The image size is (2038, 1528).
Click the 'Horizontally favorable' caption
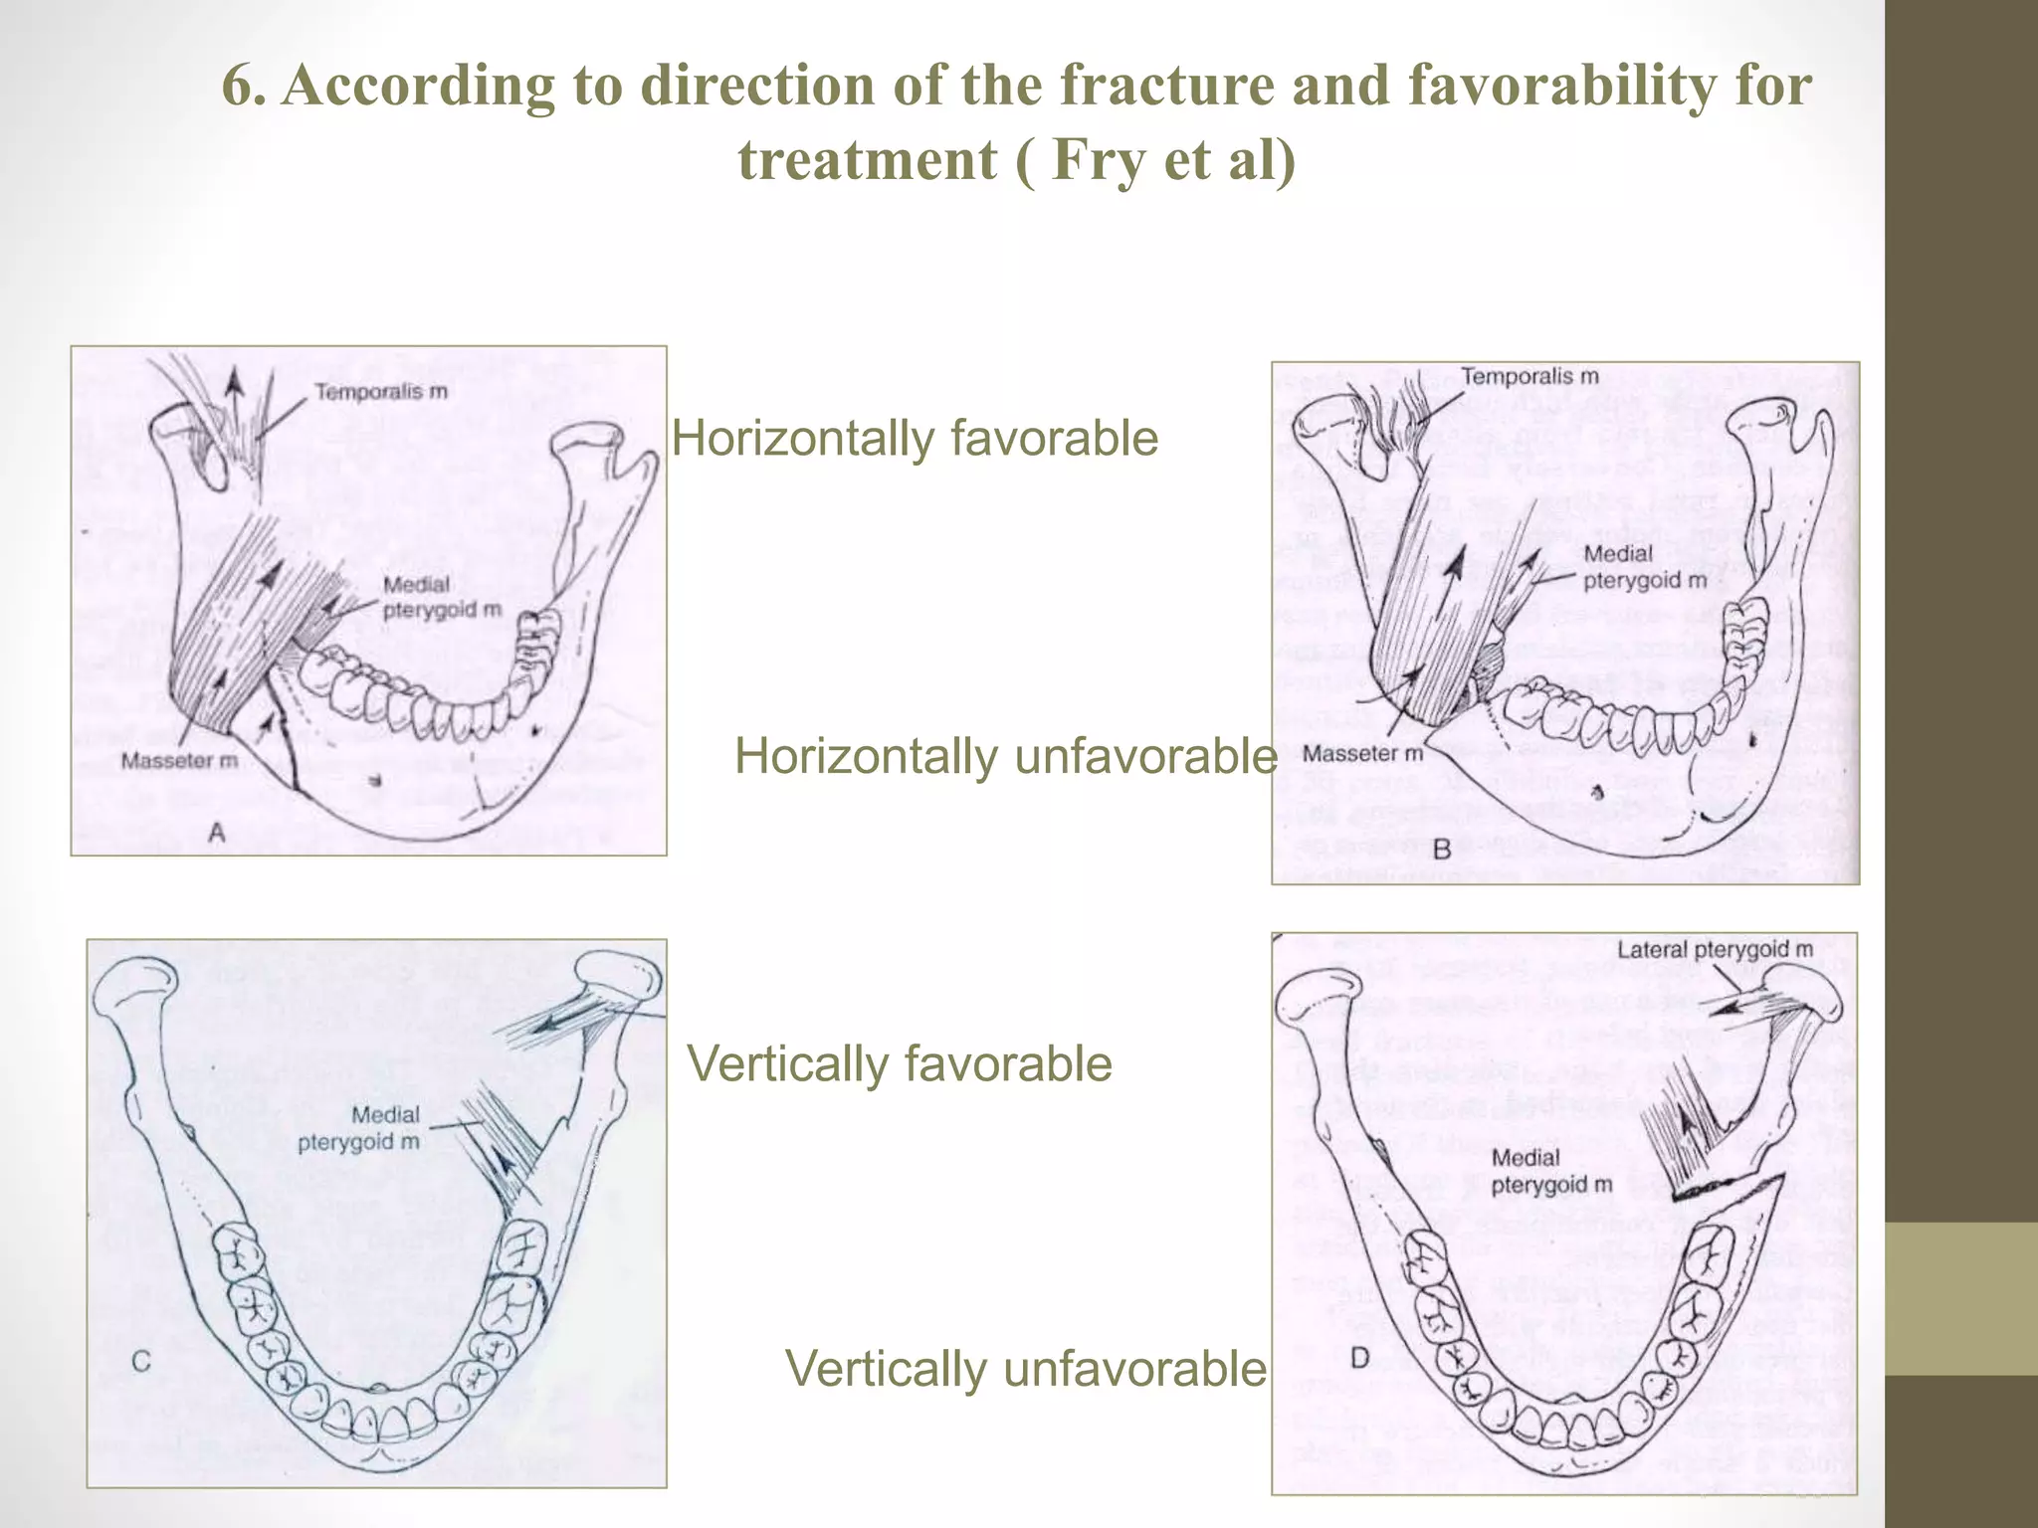pos(915,439)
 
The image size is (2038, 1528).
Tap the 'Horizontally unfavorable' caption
pos(1005,757)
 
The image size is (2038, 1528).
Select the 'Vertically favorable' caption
pos(900,1063)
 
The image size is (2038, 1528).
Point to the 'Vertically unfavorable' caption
pos(1025,1369)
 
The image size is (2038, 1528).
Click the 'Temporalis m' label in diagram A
pos(381,392)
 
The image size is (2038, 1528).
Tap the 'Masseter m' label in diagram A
pos(179,761)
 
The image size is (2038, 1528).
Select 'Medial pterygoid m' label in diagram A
pos(442,597)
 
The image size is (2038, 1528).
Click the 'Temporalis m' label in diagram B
pos(1529,376)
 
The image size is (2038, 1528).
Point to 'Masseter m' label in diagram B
pos(1362,753)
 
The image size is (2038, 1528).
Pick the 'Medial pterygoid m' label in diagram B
pos(1644,567)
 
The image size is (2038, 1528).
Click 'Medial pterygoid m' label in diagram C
pos(359,1128)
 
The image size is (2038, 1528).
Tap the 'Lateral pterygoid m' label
pos(1715,950)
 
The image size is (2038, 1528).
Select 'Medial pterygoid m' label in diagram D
pos(1551,1171)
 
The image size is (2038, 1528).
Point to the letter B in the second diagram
pos(1442,849)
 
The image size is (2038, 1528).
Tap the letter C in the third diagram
pos(141,1360)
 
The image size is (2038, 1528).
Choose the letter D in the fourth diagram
pos(1360,1357)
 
